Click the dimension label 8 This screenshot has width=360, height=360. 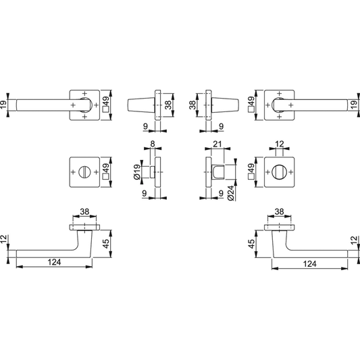click(x=153, y=144)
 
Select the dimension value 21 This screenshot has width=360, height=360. click(x=217, y=144)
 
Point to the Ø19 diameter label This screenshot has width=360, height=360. click(x=137, y=172)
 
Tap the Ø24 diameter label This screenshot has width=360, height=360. click(x=231, y=193)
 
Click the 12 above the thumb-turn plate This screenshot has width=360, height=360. click(x=280, y=144)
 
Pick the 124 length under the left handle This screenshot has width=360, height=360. click(x=54, y=262)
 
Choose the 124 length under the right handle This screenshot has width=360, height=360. click(x=310, y=263)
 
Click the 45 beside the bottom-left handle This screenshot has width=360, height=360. click(x=106, y=244)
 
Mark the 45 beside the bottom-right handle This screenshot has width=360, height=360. click(x=252, y=244)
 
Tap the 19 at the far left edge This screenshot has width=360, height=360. click(x=3, y=105)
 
